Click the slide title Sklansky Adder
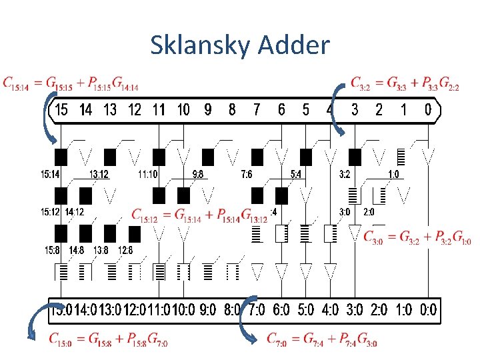click(x=240, y=45)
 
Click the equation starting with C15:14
click(x=71, y=83)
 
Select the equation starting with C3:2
click(x=405, y=83)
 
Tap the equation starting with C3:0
click(x=417, y=237)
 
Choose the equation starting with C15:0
click(x=108, y=339)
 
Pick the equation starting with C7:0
click(x=322, y=339)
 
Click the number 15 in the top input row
click(x=61, y=109)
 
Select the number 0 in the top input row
click(x=428, y=109)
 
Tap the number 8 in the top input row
click(x=232, y=109)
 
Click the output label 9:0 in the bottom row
click(x=208, y=309)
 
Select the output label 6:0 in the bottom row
click(x=281, y=309)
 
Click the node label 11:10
click(x=148, y=175)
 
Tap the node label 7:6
click(x=247, y=175)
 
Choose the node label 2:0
click(x=369, y=212)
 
